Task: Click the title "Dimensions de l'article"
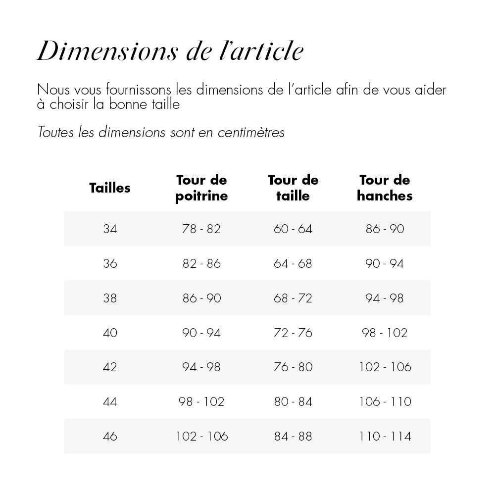170,51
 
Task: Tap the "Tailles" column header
110,188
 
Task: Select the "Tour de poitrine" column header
201,188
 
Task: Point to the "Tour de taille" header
293,188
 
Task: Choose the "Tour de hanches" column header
385,188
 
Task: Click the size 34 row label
110,229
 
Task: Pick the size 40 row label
110,333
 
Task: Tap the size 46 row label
110,436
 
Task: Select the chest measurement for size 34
201,229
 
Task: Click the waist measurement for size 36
293,263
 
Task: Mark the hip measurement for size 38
385,298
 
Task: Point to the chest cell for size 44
201,401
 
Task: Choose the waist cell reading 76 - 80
293,367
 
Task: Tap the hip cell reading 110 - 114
385,436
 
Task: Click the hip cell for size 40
385,333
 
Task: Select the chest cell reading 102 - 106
201,436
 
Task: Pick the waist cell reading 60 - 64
293,229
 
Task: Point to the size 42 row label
110,367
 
